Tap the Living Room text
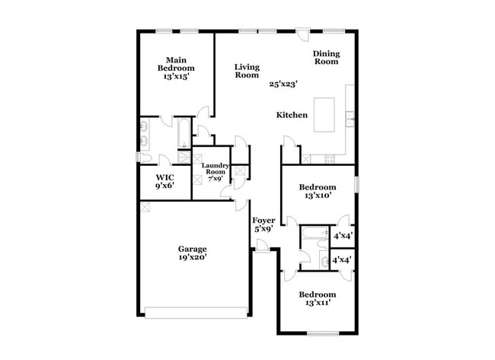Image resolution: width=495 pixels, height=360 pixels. [x=247, y=71]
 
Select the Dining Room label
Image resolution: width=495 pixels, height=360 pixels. [x=327, y=58]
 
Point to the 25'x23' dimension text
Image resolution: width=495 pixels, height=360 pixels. [x=283, y=84]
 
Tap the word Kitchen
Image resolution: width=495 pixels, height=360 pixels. [x=292, y=115]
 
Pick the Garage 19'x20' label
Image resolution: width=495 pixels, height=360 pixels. [x=192, y=253]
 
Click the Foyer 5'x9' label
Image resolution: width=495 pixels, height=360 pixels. [x=264, y=225]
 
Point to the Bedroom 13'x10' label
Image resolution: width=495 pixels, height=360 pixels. [x=317, y=192]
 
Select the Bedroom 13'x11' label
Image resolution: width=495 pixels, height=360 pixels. [x=317, y=299]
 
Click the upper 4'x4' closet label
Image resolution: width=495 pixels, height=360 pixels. [x=342, y=236]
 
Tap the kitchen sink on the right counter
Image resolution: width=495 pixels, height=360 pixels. [x=349, y=118]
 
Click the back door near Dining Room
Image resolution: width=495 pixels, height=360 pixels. [x=303, y=35]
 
